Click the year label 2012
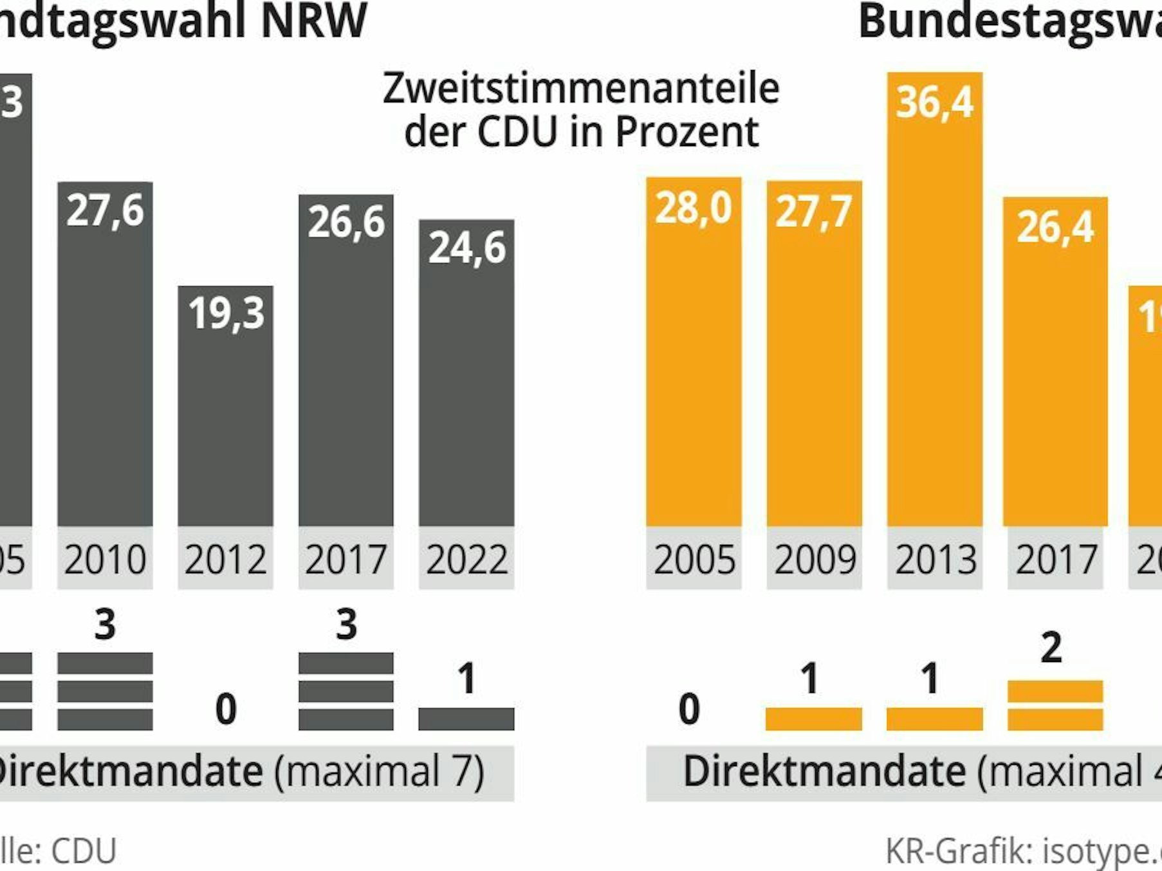pyautogui.click(x=225, y=560)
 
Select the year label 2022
pyautogui.click(x=466, y=560)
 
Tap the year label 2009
pyautogui.click(x=815, y=560)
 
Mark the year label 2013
pyautogui.click(x=935, y=560)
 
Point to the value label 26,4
pyautogui.click(x=1055, y=226)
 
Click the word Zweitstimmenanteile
pyautogui.click(x=580, y=88)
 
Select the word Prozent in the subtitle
pyautogui.click(x=687, y=132)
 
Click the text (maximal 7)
pyautogui.click(x=380, y=771)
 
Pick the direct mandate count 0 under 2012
pyautogui.click(x=225, y=710)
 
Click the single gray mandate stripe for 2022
pyautogui.click(x=466, y=719)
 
